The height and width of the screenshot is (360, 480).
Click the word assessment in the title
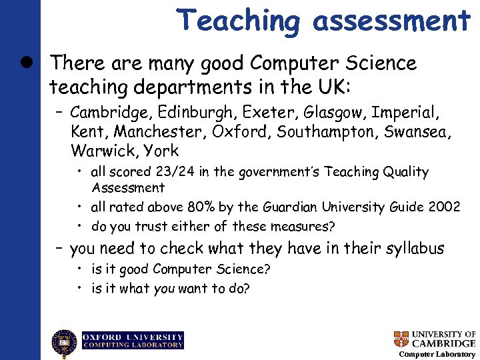392,21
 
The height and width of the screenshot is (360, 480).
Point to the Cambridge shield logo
401,339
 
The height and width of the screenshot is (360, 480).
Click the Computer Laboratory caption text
437,354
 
